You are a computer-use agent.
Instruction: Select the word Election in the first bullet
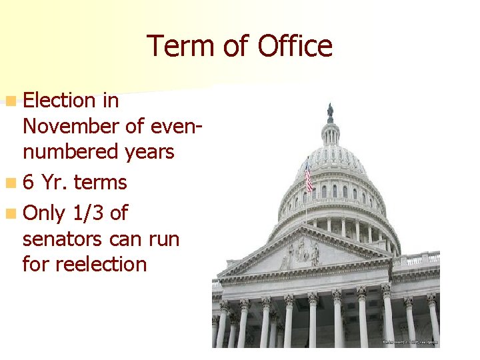click(59, 101)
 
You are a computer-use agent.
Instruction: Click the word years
click(149, 152)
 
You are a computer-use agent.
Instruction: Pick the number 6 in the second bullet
click(29, 183)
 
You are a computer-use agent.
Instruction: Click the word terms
click(101, 183)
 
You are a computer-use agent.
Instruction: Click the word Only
click(43, 213)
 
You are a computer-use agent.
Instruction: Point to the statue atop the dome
click(330, 111)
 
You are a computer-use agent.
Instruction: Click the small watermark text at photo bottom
click(410, 341)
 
